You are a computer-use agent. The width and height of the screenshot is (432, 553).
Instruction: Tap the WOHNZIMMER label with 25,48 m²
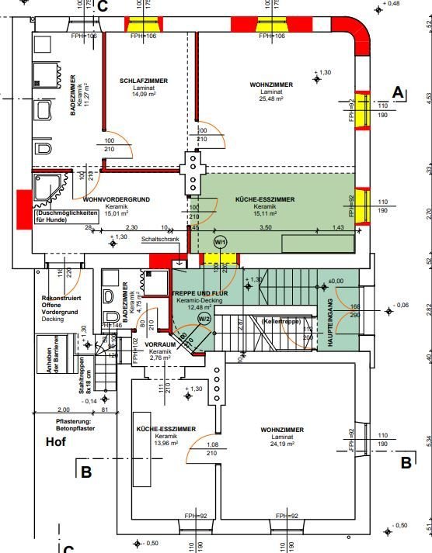(270, 84)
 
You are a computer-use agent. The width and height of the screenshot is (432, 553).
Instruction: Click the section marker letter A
(398, 92)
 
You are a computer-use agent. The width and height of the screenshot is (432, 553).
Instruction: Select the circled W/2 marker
(204, 318)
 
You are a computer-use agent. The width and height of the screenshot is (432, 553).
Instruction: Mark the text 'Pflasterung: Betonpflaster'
(74, 426)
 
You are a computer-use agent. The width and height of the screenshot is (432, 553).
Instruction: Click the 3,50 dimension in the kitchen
(265, 228)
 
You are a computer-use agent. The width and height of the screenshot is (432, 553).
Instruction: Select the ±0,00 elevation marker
(336, 281)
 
